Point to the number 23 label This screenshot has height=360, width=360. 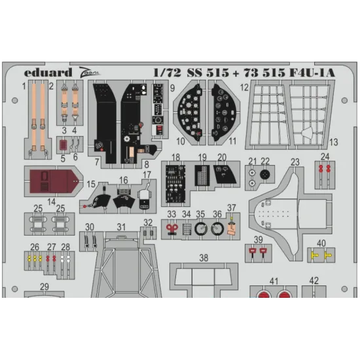[295, 162]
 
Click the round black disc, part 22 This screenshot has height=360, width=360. [265, 175]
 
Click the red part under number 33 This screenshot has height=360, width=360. [171, 229]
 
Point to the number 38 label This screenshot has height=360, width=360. [204, 258]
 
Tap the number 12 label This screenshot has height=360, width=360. [243, 86]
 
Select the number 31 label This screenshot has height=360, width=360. [121, 227]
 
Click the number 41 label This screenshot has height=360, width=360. [274, 281]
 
